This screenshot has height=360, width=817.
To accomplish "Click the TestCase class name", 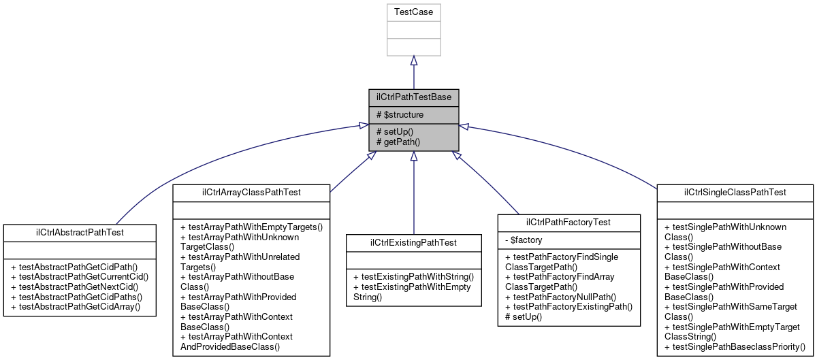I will click(413, 12).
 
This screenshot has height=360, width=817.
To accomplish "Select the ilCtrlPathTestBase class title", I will click(413, 97).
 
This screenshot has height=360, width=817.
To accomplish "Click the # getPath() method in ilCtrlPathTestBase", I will click(398, 142).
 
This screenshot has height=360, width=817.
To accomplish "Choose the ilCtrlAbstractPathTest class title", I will click(80, 233).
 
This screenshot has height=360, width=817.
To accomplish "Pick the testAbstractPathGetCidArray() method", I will click(80, 307).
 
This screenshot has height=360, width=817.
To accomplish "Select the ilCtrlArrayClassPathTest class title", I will click(251, 193).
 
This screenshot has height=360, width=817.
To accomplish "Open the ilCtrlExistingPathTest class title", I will click(413, 242).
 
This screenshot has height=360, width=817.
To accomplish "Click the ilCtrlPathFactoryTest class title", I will click(568, 223).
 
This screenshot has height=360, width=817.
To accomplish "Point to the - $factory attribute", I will click(524, 240).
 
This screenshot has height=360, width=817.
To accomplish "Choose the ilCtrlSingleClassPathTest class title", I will click(735, 193).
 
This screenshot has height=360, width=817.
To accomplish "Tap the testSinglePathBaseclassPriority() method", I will click(735, 346).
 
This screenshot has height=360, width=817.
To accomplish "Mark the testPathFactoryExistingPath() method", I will click(568, 307).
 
